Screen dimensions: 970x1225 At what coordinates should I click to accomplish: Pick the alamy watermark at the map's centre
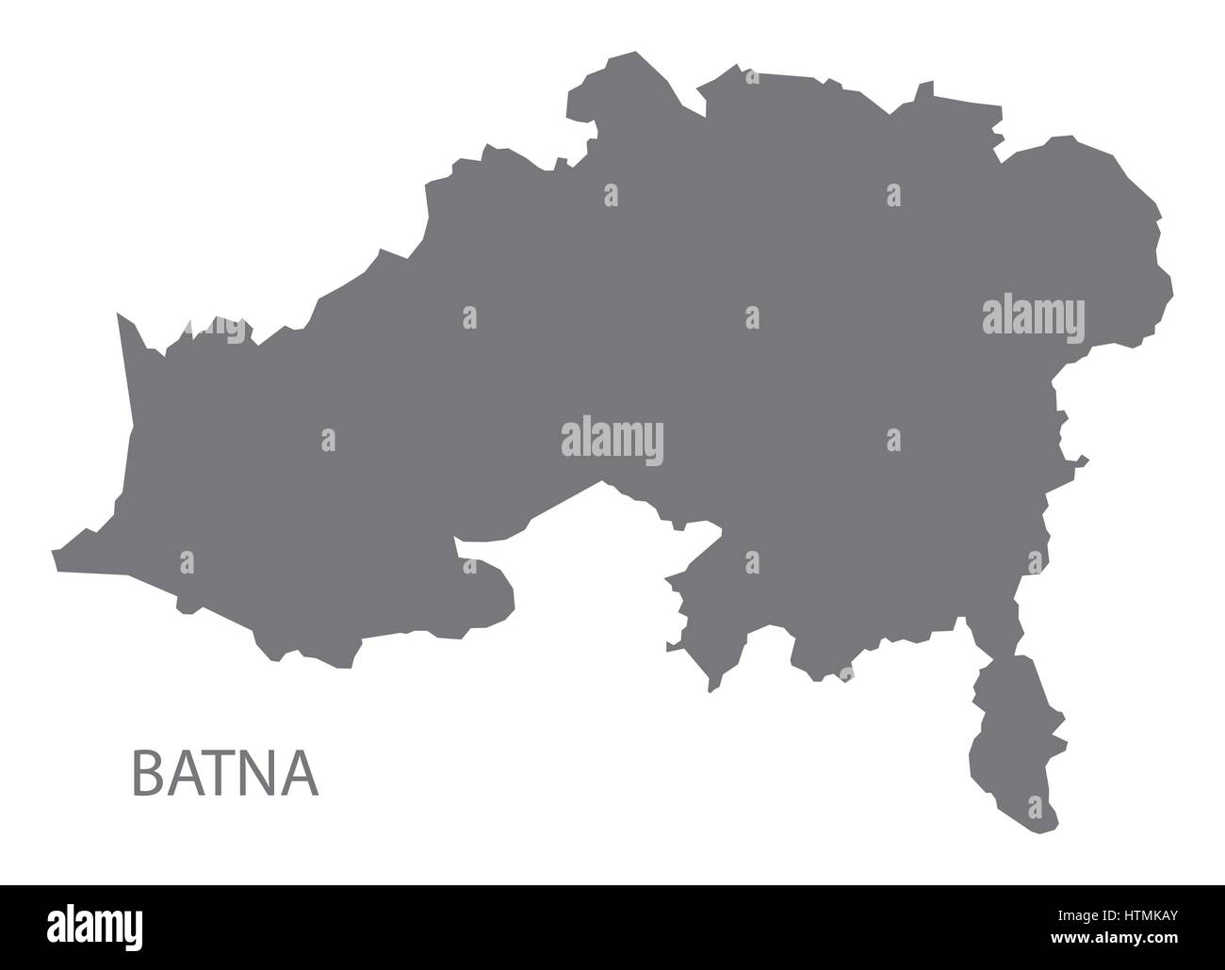612,441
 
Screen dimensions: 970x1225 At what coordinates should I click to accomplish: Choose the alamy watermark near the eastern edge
1033,316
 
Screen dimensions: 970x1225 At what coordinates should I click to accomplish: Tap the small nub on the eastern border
1084,461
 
